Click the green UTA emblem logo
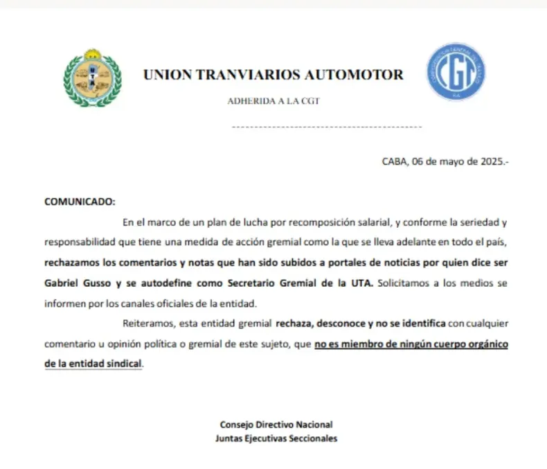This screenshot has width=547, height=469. click(x=92, y=78)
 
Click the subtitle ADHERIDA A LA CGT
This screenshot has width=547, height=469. click(x=273, y=101)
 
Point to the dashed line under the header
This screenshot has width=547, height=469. click(x=325, y=127)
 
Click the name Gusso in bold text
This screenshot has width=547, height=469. click(x=97, y=283)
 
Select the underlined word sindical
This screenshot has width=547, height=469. click(x=123, y=364)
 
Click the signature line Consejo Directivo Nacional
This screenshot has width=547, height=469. click(x=276, y=425)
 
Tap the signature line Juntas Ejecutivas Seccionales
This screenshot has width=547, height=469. click(x=276, y=439)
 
